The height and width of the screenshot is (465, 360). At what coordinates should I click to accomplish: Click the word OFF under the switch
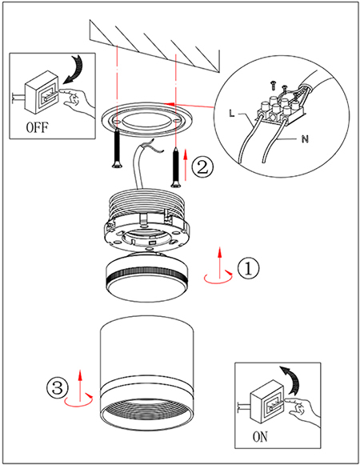[37, 127]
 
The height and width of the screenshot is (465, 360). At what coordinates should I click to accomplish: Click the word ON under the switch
[260, 437]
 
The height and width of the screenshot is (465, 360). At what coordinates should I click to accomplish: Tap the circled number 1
[248, 268]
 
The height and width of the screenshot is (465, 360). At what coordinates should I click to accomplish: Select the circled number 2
[202, 167]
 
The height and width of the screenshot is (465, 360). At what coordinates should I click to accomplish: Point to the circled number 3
[58, 387]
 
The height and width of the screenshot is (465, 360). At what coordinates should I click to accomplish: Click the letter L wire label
[232, 113]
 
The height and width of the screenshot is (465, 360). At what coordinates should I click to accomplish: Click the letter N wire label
[305, 138]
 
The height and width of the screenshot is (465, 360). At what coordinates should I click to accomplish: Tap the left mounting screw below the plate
[117, 148]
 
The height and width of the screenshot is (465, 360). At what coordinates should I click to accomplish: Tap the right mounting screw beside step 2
[176, 167]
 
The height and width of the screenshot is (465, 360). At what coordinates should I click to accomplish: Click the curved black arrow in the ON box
[292, 379]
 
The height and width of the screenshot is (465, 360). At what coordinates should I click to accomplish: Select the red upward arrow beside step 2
[186, 165]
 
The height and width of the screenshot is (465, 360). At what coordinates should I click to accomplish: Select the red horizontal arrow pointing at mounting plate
[189, 105]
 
